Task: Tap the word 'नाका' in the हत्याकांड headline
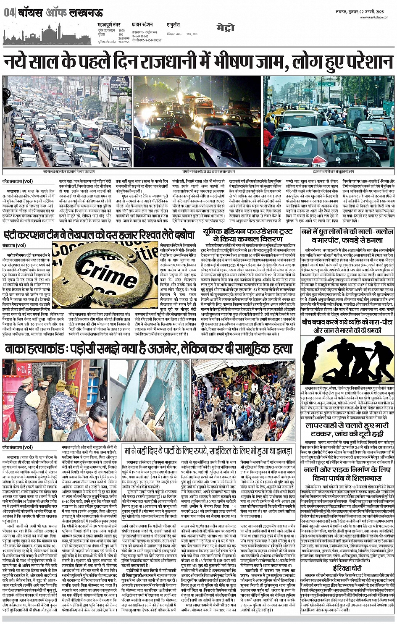19,349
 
